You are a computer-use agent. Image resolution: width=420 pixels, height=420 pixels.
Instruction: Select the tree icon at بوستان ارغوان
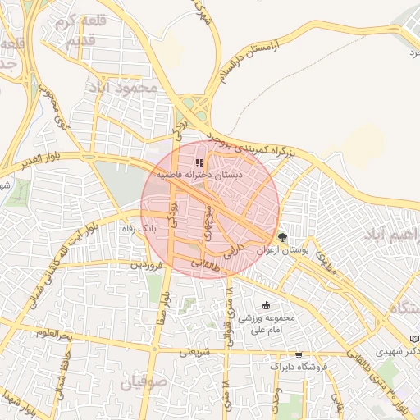[283, 236]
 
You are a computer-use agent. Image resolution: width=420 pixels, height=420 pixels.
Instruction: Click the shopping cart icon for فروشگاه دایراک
[299, 355]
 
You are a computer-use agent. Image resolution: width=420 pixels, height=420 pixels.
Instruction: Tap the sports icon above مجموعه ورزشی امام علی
[264, 306]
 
